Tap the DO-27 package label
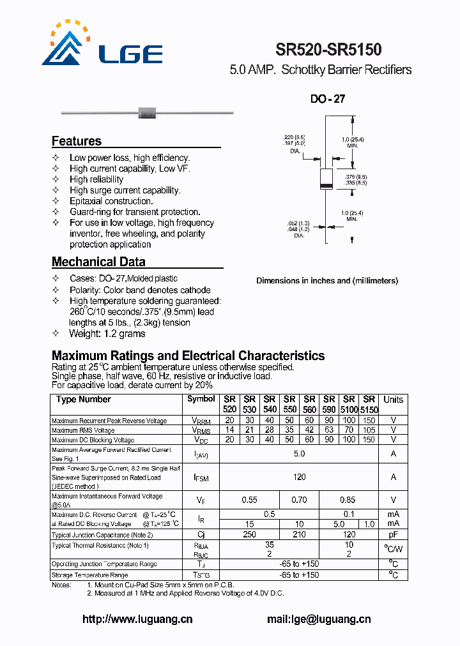coord(327,100)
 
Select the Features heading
coord(76,141)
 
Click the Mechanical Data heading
coord(98,262)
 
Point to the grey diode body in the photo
coord(148,114)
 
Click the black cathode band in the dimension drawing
coord(326,186)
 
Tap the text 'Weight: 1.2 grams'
coord(107,334)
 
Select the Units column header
coord(393,400)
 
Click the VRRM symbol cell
coord(201,421)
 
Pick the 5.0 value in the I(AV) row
coord(299,454)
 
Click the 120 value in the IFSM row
coord(299,477)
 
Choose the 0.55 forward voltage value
coord(249,500)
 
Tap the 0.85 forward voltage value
coord(348,500)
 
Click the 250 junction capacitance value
coord(249,534)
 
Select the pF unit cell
coord(393,534)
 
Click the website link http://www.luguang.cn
coord(137,619)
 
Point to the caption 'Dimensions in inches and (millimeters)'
coord(326,281)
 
